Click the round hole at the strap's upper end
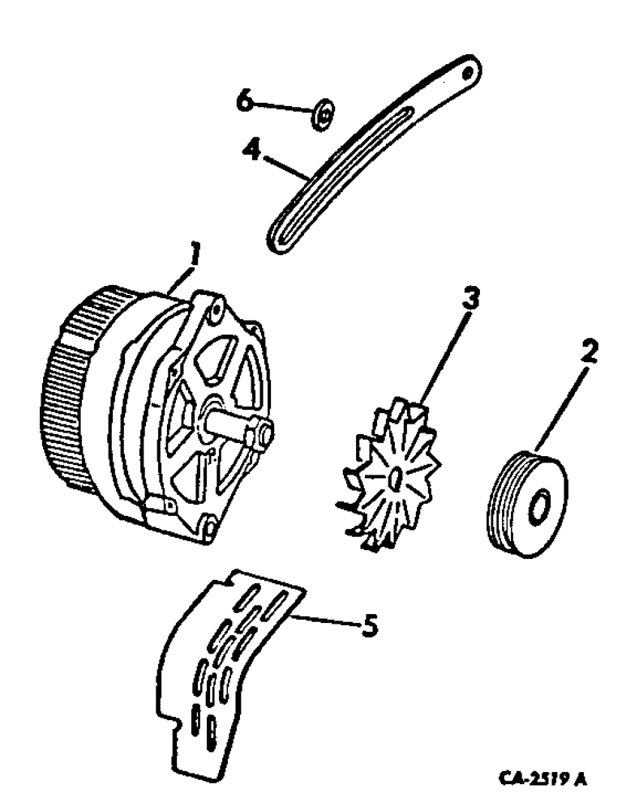[x=467, y=72]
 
